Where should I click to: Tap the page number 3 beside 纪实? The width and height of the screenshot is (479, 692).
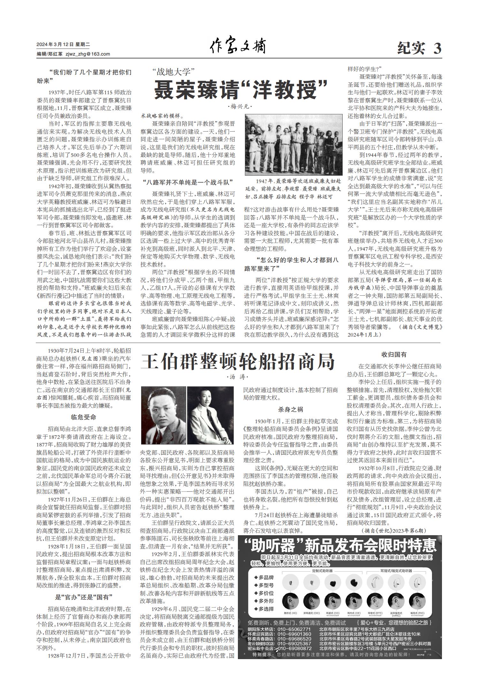coord(437,49)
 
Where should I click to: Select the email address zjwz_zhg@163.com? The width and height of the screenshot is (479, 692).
coord(87,54)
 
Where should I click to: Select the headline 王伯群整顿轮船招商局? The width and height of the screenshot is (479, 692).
coord(238,362)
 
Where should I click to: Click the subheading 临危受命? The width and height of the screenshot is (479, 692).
coord(83,417)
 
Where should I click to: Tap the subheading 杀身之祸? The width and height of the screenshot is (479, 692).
coord(290,409)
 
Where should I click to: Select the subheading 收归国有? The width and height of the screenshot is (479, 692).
coord(394,354)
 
